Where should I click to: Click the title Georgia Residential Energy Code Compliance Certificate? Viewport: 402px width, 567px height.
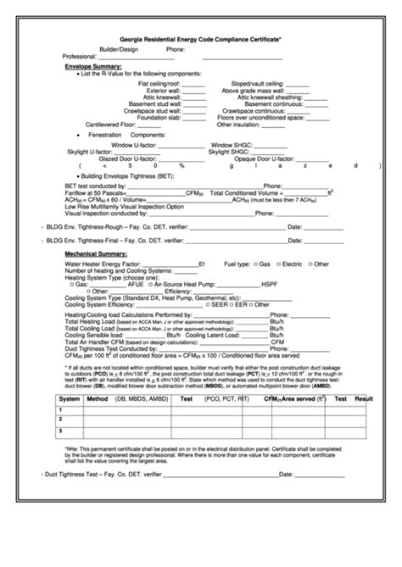(x=201, y=39)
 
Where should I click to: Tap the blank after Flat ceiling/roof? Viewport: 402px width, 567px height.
(x=193, y=84)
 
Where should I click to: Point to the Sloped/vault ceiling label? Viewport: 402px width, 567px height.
(x=257, y=84)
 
